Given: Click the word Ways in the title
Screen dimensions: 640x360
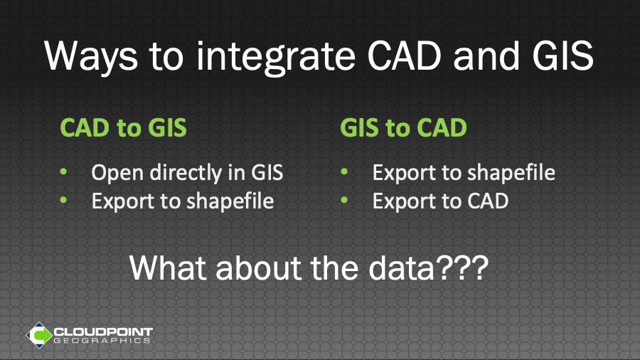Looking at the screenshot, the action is (x=90, y=56).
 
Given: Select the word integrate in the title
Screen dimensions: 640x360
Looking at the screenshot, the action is (x=276, y=56).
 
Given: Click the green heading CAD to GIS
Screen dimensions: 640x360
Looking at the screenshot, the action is (x=123, y=127).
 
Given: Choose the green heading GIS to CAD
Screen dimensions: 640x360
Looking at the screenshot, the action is (x=403, y=127).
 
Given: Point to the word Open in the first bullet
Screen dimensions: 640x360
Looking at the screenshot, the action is (x=117, y=173).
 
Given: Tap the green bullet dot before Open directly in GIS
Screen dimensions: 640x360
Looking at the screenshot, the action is (x=63, y=172).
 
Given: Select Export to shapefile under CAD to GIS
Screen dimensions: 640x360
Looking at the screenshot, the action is (x=183, y=201).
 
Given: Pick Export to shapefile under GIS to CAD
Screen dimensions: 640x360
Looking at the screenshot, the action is (x=464, y=173).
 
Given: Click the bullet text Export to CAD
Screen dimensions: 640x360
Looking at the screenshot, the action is (x=440, y=201).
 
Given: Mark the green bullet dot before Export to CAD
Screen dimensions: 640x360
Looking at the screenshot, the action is (x=344, y=200).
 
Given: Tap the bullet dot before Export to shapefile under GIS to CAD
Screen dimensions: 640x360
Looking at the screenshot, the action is (x=344, y=172).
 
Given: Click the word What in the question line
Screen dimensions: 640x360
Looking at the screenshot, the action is (x=169, y=268).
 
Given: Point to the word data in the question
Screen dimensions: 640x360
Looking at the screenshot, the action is (x=402, y=268).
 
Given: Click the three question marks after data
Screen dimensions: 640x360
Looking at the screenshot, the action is (x=462, y=268).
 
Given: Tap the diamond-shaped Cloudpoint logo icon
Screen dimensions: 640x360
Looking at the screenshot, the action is (x=39, y=335).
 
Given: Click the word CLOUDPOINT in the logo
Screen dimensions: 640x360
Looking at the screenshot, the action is (x=103, y=332).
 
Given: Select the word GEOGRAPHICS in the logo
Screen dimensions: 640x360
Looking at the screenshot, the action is (x=102, y=341).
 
